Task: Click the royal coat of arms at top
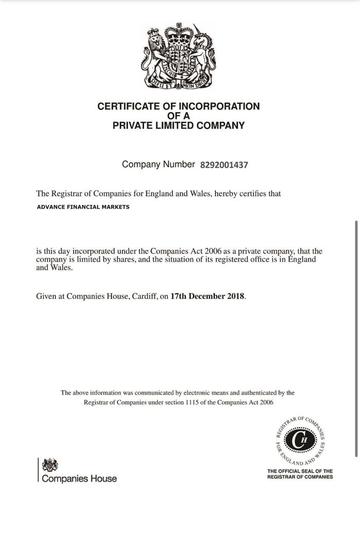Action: pyautogui.click(x=178, y=56)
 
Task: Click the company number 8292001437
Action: pyautogui.click(x=224, y=165)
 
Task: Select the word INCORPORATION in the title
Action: pyautogui.click(x=219, y=106)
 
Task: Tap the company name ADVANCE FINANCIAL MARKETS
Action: pyautogui.click(x=83, y=207)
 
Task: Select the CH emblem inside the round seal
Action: pyautogui.click(x=301, y=440)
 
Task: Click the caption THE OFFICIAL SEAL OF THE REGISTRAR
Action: pyautogui.click(x=300, y=474)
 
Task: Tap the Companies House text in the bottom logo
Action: pyautogui.click(x=79, y=478)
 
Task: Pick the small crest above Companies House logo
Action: pyautogui.click(x=50, y=465)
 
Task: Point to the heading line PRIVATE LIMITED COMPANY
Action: pyautogui.click(x=178, y=126)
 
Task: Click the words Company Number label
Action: pyautogui.click(x=158, y=165)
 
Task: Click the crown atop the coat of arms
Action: pyautogui.click(x=178, y=32)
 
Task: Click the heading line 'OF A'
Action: pyautogui.click(x=178, y=116)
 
